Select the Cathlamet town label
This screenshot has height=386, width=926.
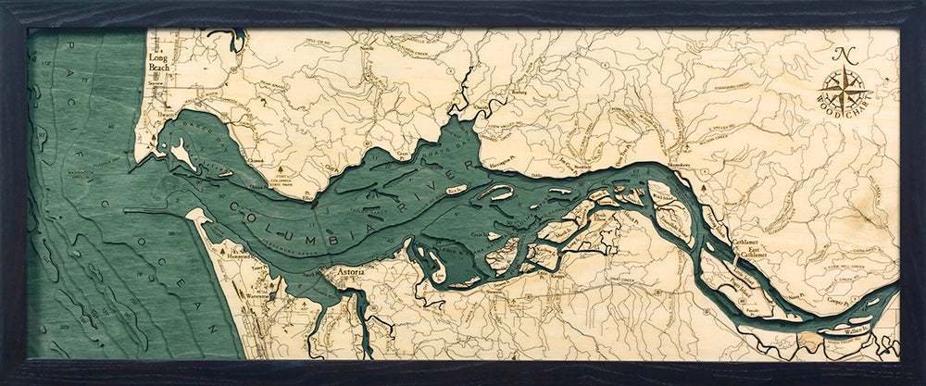click(x=719, y=241)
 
